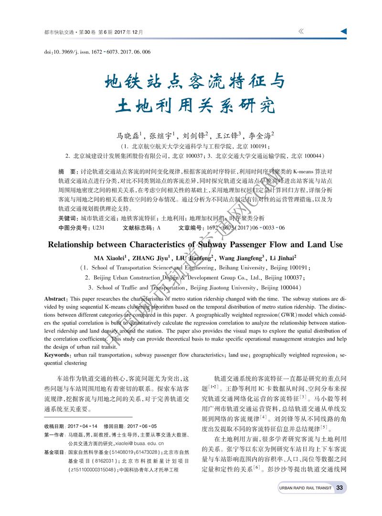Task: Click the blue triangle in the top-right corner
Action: click(x=343, y=32)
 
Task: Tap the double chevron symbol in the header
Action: click(x=301, y=32)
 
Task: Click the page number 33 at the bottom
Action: click(x=340, y=488)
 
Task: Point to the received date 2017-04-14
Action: click(x=82, y=426)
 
